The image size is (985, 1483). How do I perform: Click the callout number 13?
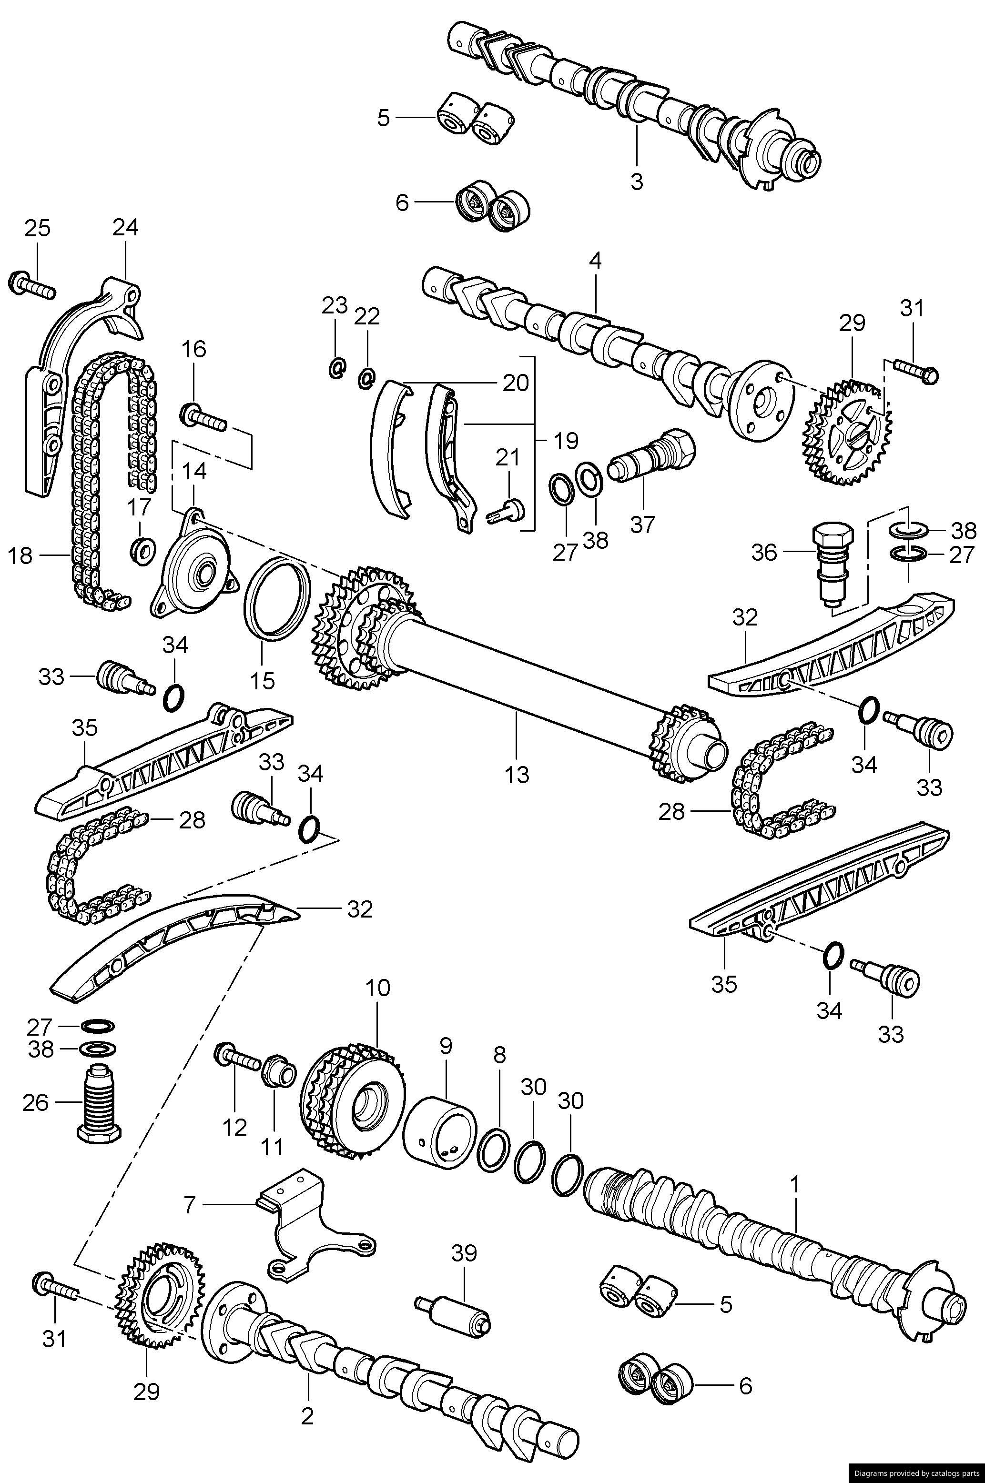517,775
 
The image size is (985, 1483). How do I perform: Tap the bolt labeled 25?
31,286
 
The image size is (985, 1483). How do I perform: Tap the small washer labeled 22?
367,377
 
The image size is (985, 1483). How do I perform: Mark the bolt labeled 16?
204,415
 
